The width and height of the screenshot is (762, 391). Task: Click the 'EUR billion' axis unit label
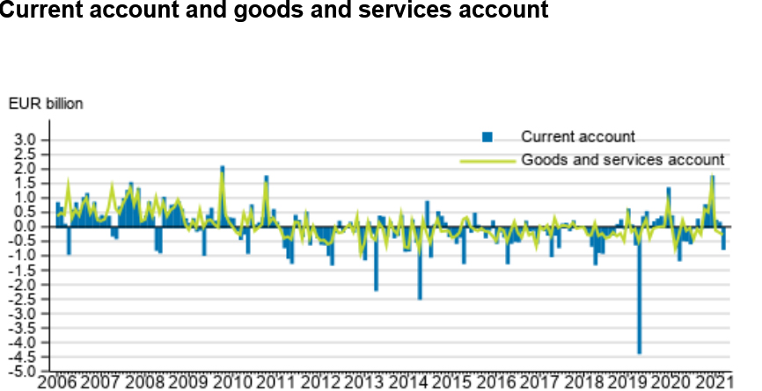46,104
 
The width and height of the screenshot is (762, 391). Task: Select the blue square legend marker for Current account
486,136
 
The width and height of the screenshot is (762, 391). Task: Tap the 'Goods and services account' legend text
622,160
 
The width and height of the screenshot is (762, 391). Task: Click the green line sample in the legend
487,161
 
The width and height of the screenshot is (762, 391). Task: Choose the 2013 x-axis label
363,383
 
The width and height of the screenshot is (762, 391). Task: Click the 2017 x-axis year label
539,383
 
